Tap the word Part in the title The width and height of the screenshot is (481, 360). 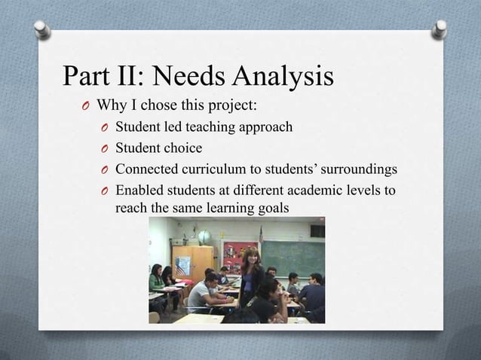(89, 77)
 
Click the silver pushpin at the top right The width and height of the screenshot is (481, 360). (439, 29)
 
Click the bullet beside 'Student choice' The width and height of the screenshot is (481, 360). (105, 148)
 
